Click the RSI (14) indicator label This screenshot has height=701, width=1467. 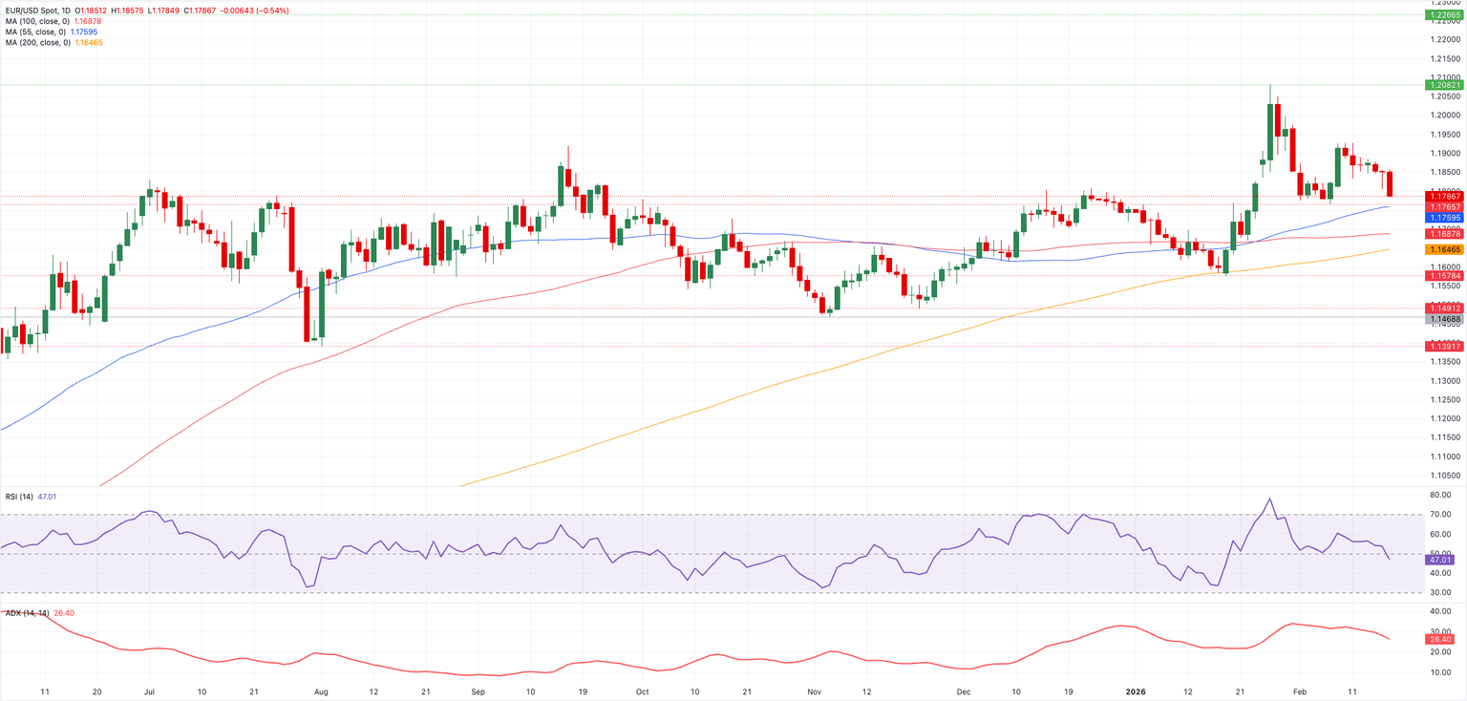coord(18,497)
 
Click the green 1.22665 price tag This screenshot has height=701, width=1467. coord(1445,15)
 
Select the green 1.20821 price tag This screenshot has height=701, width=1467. coord(1445,85)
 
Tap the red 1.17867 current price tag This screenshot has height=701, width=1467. coord(1445,196)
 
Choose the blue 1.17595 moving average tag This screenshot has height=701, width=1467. coord(1445,217)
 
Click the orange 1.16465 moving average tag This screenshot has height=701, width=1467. coord(1445,248)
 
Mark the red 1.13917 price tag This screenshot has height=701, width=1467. coord(1445,346)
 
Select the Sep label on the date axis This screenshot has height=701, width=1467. coord(478,690)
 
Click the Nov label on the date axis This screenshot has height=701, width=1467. coord(813,690)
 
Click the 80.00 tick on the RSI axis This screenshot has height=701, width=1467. coord(1441,495)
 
